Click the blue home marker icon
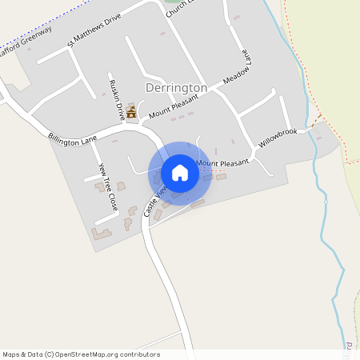180,173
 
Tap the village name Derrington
177,87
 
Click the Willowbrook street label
278,138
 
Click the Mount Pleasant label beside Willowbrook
222,163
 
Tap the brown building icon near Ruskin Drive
131,114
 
